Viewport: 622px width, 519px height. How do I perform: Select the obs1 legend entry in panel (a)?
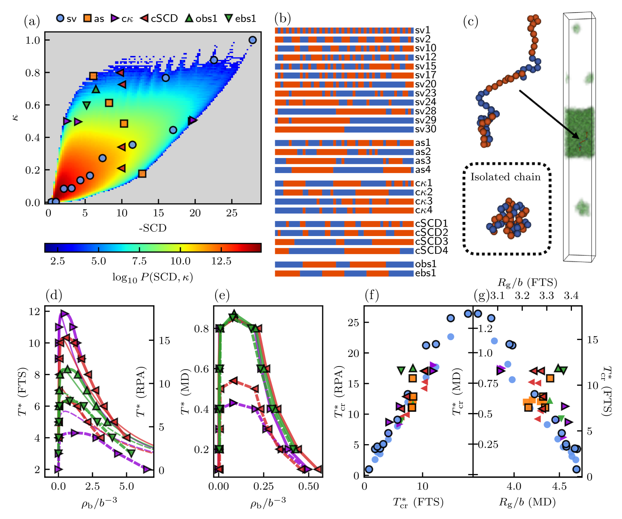[201, 19]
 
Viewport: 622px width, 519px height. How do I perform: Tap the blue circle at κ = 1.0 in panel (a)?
[253, 40]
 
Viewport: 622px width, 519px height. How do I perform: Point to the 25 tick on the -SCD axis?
[232, 213]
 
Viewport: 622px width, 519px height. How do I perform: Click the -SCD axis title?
[152, 228]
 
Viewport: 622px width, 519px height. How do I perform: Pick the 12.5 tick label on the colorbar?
[221, 261]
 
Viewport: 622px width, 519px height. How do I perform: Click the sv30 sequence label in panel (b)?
[425, 129]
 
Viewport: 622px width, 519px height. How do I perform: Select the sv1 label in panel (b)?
[422, 30]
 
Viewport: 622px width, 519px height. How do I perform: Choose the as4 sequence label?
[423, 170]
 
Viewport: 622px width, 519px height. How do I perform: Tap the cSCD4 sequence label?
[431, 251]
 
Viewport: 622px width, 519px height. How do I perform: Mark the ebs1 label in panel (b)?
[425, 273]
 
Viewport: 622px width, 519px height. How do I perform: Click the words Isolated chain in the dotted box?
[505, 177]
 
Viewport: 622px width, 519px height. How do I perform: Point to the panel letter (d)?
[54, 295]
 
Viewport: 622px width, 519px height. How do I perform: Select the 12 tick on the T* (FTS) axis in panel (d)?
[34, 312]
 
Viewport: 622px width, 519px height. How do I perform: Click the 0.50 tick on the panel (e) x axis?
[308, 487]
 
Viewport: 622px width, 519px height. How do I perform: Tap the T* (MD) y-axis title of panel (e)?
[186, 392]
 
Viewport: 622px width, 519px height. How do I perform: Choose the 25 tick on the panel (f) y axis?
[353, 322]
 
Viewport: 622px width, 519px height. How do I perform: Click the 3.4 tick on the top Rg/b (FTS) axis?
[571, 296]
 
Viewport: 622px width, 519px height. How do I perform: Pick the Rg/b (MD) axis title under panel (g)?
[527, 502]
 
